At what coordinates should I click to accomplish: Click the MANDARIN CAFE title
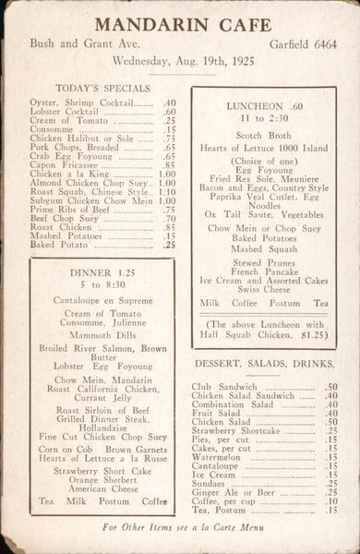[x=182, y=24]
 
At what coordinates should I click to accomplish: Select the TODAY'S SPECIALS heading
[x=102, y=89]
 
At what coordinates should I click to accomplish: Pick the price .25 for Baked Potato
[x=169, y=246]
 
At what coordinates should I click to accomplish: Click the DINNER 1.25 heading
[x=102, y=273]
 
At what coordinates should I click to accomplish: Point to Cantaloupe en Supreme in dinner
[x=102, y=301]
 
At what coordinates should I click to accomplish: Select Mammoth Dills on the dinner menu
[x=102, y=337]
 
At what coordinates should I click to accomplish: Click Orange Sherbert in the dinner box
[x=102, y=480]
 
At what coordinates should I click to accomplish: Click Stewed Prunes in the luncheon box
[x=263, y=262]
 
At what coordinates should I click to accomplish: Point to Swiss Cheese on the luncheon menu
[x=263, y=289]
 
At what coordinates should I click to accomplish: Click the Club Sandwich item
[x=224, y=387]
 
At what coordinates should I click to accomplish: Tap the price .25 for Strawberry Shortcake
[x=330, y=430]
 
